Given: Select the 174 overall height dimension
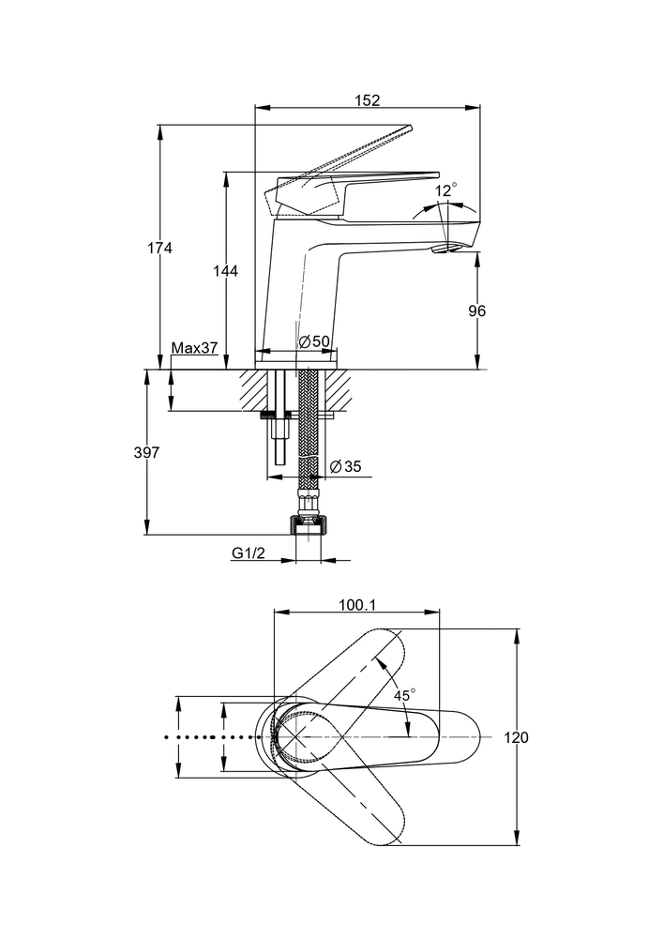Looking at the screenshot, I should pyautogui.click(x=160, y=249).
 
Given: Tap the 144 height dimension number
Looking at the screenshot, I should pyautogui.click(x=226, y=271).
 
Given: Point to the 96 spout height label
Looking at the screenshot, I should pyautogui.click(x=478, y=310).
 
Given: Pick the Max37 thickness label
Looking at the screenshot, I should pyautogui.click(x=194, y=348).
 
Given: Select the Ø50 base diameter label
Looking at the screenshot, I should pyautogui.click(x=314, y=342).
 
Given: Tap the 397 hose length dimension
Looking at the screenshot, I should pyautogui.click(x=147, y=452).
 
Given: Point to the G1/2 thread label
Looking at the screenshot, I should pyautogui.click(x=249, y=553).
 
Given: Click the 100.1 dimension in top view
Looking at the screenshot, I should pyautogui.click(x=356, y=606).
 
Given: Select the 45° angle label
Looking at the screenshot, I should pyautogui.click(x=404, y=695).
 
